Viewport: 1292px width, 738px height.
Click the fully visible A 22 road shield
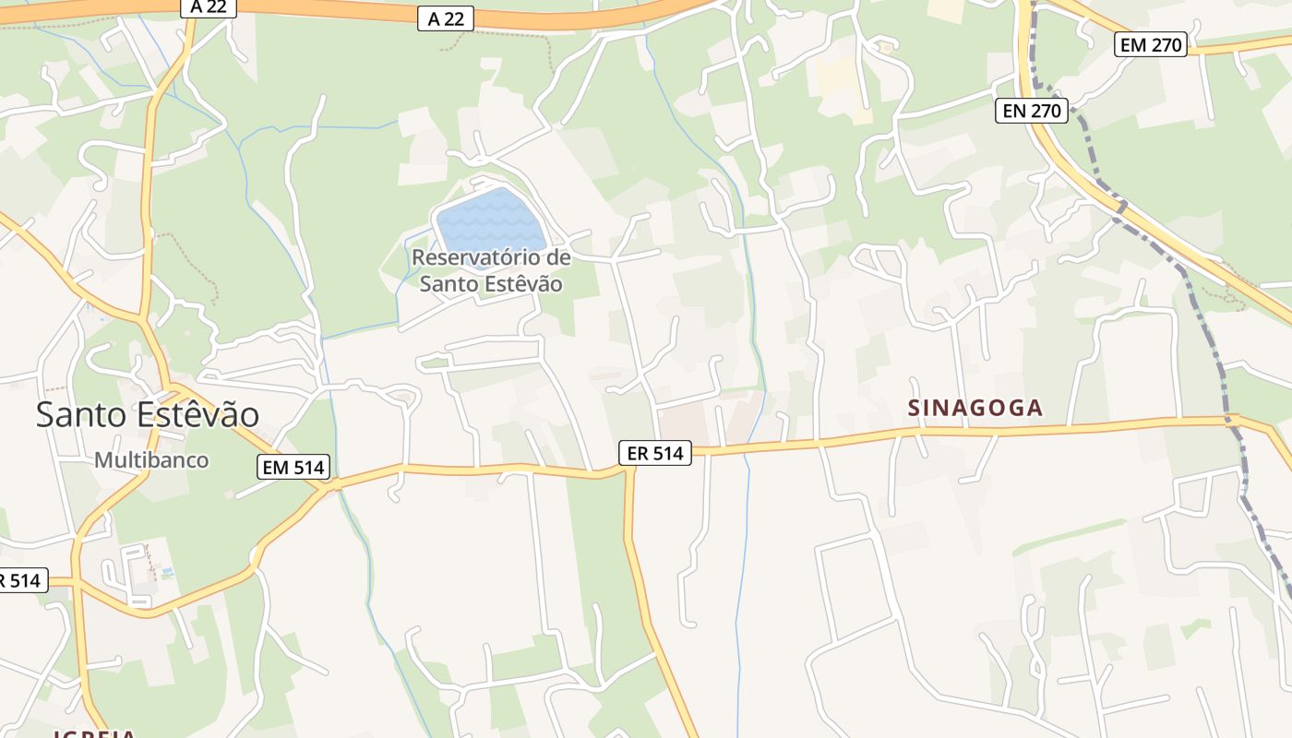(x=446, y=18)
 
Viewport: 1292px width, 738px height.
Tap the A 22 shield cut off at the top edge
(x=208, y=6)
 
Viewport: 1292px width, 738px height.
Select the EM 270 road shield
(x=1150, y=44)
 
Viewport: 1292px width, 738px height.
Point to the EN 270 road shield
(x=1033, y=112)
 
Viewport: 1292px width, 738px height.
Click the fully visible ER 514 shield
(x=654, y=453)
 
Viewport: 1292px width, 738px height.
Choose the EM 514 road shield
(x=293, y=468)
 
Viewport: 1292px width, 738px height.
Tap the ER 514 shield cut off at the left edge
(x=20, y=580)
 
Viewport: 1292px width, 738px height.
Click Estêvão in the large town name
(x=199, y=414)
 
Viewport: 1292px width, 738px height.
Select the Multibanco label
(x=151, y=459)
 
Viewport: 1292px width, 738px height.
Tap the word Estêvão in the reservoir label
(x=518, y=283)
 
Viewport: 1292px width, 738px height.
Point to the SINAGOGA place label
(x=975, y=408)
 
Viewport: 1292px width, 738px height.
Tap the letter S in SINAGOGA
(x=915, y=408)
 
